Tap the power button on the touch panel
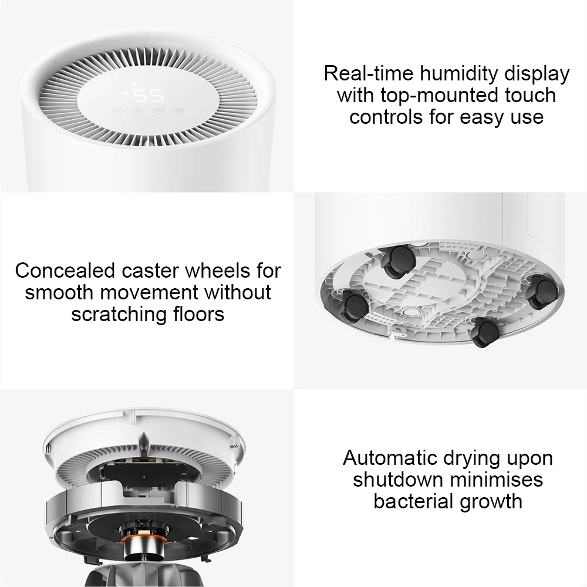coord(117,111)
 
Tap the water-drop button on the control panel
coord(158,111)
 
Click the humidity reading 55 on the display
coord(149,96)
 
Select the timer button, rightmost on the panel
coord(179,111)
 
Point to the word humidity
coord(459,73)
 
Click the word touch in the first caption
coord(530,95)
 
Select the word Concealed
coord(65,270)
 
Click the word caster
coord(150,271)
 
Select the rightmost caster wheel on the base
coord(542,292)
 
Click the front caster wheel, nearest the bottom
coord(486,332)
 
